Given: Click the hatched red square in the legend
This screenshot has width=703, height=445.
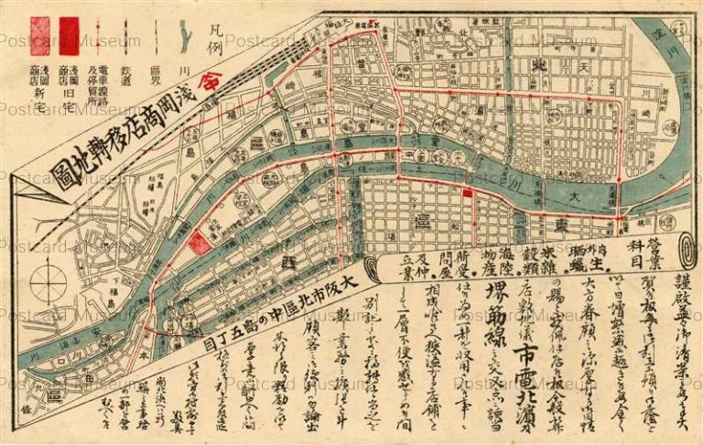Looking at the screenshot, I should tap(40, 38).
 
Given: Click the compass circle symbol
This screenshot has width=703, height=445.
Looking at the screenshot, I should tap(46, 283).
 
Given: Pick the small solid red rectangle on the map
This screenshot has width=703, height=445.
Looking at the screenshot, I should tap(469, 193).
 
